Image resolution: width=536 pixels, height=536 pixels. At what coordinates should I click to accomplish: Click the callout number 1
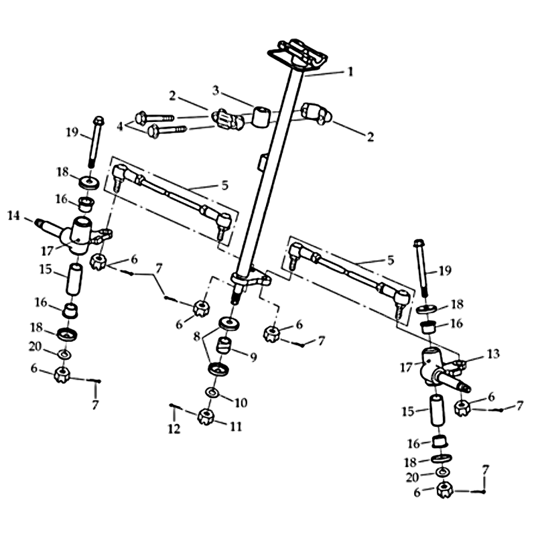[350, 72]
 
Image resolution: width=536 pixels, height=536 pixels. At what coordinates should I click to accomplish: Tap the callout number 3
[215, 90]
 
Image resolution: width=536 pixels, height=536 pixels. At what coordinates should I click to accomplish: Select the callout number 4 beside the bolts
[120, 127]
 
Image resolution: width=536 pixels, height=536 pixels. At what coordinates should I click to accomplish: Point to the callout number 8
[196, 337]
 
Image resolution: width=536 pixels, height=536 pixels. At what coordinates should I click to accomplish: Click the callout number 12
[174, 429]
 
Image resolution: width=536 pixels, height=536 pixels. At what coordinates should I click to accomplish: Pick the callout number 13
[493, 354]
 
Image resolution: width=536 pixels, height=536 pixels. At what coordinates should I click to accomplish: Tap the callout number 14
[13, 216]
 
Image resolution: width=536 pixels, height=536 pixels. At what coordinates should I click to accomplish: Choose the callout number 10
[241, 403]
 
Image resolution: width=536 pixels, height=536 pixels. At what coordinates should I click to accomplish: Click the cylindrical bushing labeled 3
[261, 117]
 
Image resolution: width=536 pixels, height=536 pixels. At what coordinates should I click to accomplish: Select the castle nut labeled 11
[206, 416]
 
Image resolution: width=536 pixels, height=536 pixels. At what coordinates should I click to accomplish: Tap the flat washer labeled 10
[212, 393]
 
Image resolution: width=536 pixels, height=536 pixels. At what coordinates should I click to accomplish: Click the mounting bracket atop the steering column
[297, 55]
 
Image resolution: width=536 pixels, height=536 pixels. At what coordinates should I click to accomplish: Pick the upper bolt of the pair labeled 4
[155, 118]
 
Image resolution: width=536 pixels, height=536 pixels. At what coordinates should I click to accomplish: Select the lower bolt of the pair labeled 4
[167, 130]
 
